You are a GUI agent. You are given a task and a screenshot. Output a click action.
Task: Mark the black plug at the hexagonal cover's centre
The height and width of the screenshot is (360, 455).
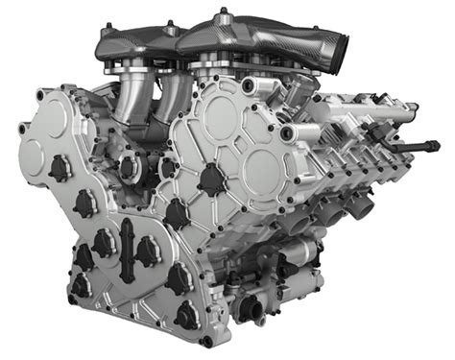(x=209, y=179)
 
